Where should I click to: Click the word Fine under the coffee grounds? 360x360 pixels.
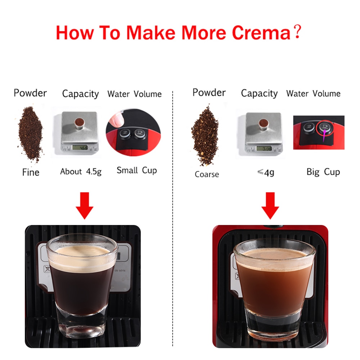pyautogui.click(x=31, y=172)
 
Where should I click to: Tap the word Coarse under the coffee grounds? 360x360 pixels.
pyautogui.click(x=207, y=174)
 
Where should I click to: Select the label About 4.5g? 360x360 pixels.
pyautogui.click(x=81, y=171)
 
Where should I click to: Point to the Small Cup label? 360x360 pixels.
pyautogui.click(x=136, y=170)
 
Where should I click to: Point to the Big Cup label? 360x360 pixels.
pyautogui.click(x=323, y=172)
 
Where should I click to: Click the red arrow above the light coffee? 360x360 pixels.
pyautogui.click(x=270, y=205)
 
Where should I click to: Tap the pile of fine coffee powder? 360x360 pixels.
pyautogui.click(x=31, y=133)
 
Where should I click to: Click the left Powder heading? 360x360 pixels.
pyautogui.click(x=30, y=93)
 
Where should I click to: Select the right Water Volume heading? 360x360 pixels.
pyautogui.click(x=313, y=94)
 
